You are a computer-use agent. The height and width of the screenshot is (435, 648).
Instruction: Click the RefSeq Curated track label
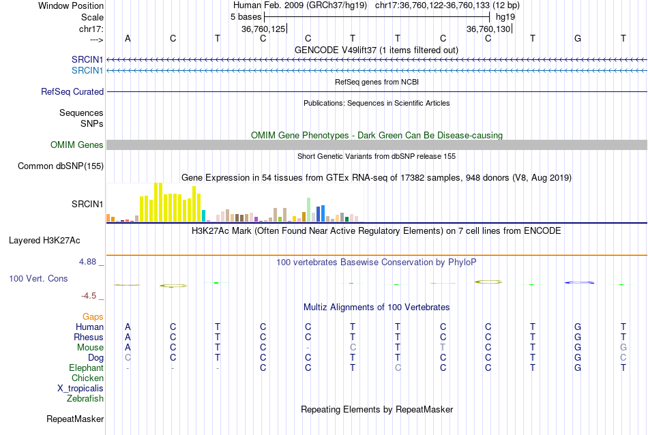coord(72,91)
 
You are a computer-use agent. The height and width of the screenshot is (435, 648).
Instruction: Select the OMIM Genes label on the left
coord(76,145)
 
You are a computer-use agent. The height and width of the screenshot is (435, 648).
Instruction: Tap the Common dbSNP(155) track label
coord(61,166)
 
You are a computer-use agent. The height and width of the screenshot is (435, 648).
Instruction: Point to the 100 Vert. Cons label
coord(38,278)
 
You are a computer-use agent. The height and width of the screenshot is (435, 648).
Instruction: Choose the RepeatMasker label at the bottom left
coord(74,419)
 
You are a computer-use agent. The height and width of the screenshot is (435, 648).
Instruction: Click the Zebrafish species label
coord(85,398)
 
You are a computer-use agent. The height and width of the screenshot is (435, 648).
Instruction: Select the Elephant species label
coord(86,367)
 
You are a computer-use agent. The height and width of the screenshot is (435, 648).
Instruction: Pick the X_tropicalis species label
coord(80,388)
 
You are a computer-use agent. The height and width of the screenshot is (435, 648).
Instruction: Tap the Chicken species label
coord(88,378)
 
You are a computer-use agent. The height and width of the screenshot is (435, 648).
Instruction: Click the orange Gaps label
coord(93,316)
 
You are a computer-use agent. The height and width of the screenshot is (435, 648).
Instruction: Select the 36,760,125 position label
coord(263,29)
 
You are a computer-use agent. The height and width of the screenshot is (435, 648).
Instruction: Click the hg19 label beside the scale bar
coord(505,16)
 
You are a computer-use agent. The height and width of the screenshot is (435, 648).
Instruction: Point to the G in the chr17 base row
coord(578,38)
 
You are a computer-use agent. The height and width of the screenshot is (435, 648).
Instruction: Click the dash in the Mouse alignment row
coord(308,348)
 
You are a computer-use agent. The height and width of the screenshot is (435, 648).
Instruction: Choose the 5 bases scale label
coord(246,16)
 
